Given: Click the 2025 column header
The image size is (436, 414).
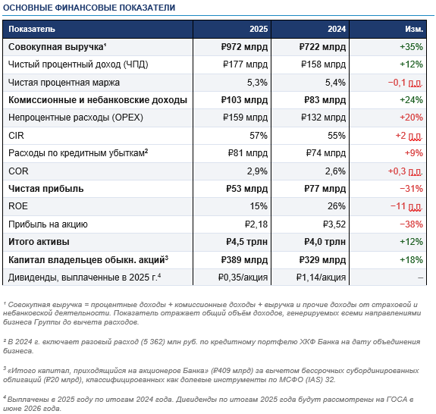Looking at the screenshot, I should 258,28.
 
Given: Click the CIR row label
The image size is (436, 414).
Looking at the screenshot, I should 16,135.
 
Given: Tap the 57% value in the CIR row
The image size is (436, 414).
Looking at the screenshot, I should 258,135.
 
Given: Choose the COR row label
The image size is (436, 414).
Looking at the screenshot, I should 17,171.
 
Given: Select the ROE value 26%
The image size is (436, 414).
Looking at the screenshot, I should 335,205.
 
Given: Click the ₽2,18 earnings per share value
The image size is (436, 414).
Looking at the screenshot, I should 253,224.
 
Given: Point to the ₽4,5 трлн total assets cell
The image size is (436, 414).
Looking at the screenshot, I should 244,241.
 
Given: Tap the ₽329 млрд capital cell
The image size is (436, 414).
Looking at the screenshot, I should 320,259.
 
